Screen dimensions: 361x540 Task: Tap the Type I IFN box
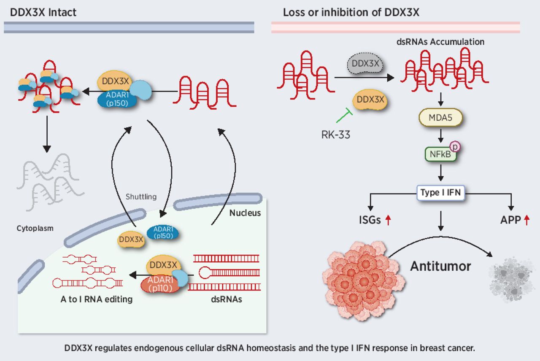point(440,193)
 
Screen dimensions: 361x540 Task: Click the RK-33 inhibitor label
point(335,135)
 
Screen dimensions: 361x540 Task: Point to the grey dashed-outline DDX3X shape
point(362,64)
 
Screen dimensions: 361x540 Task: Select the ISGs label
point(370,220)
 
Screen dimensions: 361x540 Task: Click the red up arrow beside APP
point(526,220)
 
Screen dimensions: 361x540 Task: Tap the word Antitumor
point(440,267)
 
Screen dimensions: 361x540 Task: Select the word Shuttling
point(141,197)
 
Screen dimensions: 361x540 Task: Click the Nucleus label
point(245,213)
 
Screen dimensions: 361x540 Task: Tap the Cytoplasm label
point(36,228)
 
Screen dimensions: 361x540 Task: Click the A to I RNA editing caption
point(97,299)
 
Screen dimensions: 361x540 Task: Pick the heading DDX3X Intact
point(43,12)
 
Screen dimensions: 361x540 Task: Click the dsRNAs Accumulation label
point(440,42)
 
